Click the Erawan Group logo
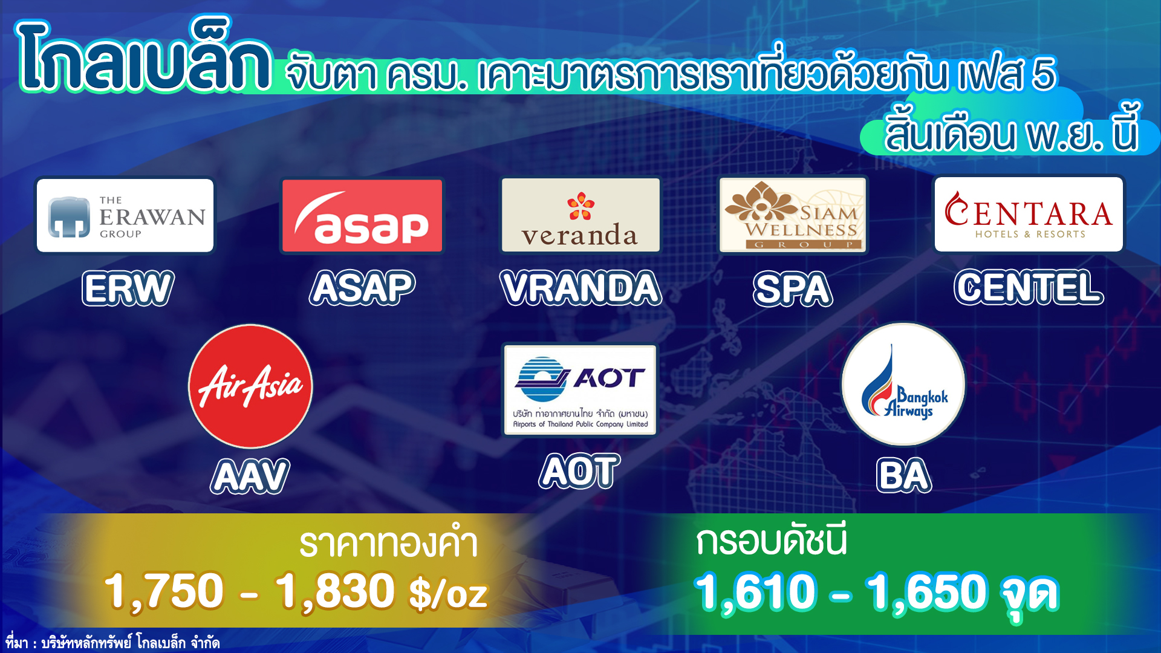coord(125,216)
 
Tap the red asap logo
coord(362,215)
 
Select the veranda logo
coord(580,215)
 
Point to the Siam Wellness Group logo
coord(793,215)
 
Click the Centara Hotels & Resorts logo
coord(1029,214)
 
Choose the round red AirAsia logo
coord(250,386)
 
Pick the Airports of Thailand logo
coord(580,390)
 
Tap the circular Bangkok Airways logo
coord(903,385)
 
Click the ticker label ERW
coord(128,288)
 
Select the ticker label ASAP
coord(362,288)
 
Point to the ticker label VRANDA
coord(581,288)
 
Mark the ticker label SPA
coord(793,289)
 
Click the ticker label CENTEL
coord(1029,287)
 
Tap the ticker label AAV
coord(250,476)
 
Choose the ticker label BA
coord(904,476)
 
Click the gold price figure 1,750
coord(164,591)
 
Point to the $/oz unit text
coord(448,594)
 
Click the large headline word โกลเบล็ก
coord(144,56)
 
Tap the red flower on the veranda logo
coord(580,206)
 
